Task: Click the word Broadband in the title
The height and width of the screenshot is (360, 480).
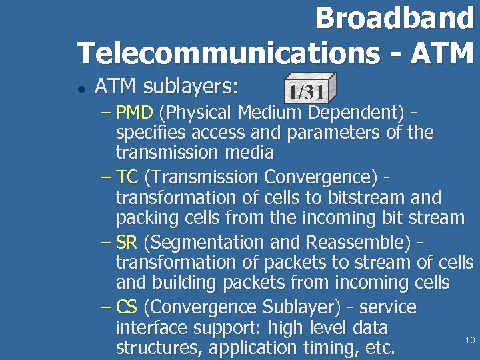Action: click(394, 18)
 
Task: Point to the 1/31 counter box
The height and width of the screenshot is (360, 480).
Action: click(305, 89)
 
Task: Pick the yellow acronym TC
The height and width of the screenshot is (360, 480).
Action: click(127, 177)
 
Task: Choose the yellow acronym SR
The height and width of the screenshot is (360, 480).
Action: click(126, 243)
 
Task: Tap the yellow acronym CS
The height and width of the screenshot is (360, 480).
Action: click(127, 307)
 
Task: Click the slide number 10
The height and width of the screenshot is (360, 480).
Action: click(469, 341)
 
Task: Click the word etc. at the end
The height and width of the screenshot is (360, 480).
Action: click(377, 347)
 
